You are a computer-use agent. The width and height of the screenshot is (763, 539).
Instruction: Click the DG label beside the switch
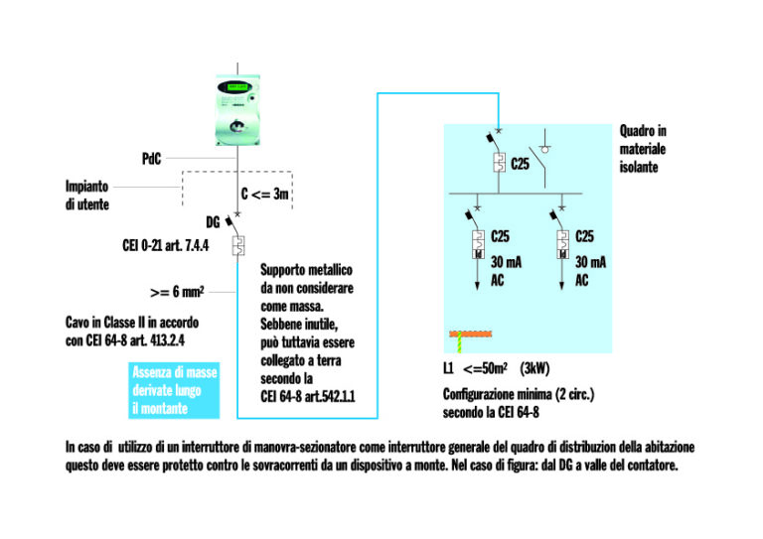[213, 222]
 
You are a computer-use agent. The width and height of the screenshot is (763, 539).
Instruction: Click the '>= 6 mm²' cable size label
[176, 292]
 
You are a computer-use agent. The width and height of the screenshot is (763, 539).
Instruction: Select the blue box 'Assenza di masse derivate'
[175, 390]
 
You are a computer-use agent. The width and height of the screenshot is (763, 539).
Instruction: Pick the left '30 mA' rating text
[506, 262]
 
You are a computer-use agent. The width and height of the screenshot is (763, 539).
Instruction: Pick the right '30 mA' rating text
[590, 262]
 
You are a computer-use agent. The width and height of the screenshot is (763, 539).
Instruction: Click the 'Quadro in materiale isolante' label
[643, 148]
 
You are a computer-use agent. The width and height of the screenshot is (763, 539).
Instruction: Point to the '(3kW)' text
[534, 368]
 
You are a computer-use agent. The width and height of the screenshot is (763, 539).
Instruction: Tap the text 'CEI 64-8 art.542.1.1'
[307, 395]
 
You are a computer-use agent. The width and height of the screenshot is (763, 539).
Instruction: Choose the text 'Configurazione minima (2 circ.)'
[518, 394]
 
